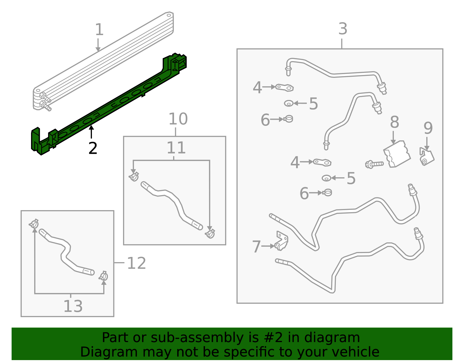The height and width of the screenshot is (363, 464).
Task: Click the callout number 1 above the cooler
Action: [99, 30]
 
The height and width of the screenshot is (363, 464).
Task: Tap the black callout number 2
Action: [93, 149]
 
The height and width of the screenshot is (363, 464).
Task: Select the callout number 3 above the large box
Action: [343, 29]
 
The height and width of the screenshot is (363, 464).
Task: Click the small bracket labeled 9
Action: [427, 157]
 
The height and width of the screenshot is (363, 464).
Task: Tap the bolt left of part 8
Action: [374, 164]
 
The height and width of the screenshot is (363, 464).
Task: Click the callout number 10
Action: [178, 119]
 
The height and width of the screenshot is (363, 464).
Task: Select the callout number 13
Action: [73, 306]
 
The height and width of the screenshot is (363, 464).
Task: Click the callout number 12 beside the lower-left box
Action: [136, 263]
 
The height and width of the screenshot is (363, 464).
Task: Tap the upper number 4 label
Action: [257, 87]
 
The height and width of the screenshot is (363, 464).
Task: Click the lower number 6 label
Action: [304, 194]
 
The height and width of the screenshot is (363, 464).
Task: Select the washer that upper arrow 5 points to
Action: [289, 103]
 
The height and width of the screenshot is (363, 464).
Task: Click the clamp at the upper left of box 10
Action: [134, 176]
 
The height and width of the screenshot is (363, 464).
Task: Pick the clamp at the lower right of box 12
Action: [104, 276]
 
